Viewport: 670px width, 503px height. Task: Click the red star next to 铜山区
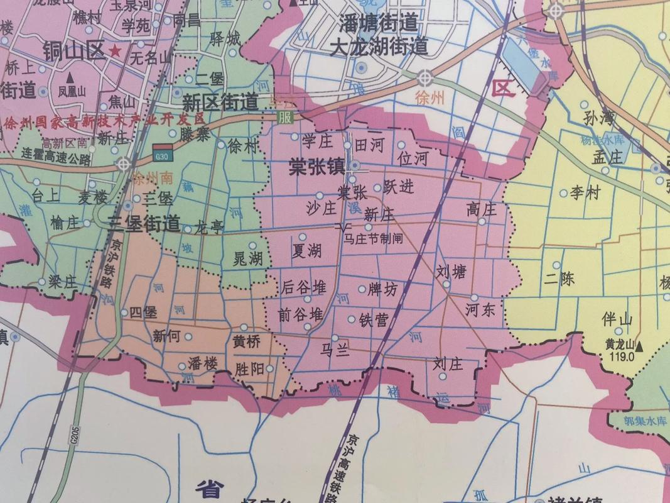coord(115,50)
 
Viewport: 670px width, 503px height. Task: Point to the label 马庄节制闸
coord(373,239)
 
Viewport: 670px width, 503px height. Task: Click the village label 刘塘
coord(451,272)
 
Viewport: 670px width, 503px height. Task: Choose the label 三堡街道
coord(144,223)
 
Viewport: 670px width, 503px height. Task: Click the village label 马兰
coord(335,350)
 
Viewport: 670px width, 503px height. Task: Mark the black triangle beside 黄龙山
coord(639,346)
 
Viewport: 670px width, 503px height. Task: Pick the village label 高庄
coord(482,209)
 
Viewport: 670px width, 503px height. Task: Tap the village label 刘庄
coord(448,364)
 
